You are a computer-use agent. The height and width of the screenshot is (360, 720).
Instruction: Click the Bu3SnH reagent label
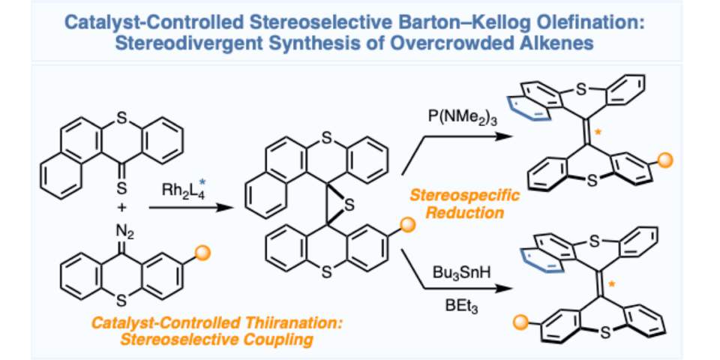pos(460,271)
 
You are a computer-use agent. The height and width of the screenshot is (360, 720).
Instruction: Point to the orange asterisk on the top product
pos(599,131)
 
